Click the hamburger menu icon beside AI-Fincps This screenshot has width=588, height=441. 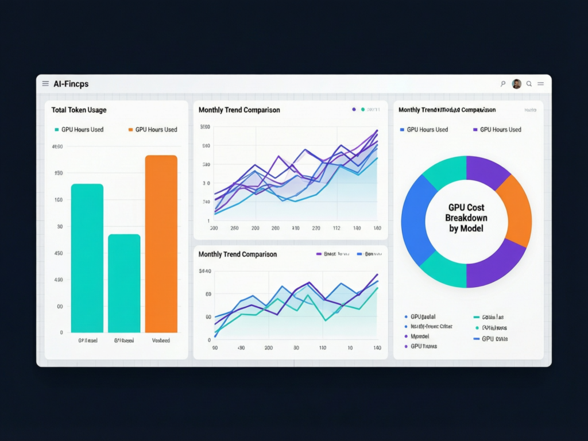[45, 84]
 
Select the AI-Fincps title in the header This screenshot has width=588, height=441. [71, 84]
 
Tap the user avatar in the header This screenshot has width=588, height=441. [516, 84]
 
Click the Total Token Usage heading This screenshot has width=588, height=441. [79, 110]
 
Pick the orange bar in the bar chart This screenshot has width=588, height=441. [161, 243]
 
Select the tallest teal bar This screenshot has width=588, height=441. [87, 258]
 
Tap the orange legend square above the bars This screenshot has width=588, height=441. [130, 130]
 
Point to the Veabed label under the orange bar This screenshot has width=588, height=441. [161, 341]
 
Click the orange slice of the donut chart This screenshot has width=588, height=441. [515, 210]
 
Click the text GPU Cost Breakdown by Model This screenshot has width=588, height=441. [466, 218]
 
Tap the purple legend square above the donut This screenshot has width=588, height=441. [475, 130]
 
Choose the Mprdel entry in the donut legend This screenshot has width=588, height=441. [420, 336]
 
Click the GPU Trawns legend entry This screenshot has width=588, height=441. [423, 346]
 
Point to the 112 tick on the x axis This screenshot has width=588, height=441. [336, 228]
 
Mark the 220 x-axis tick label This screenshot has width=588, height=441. [316, 228]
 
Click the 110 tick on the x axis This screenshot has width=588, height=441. [323, 348]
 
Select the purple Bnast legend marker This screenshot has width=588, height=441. [319, 254]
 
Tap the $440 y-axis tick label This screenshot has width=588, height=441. [205, 271]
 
